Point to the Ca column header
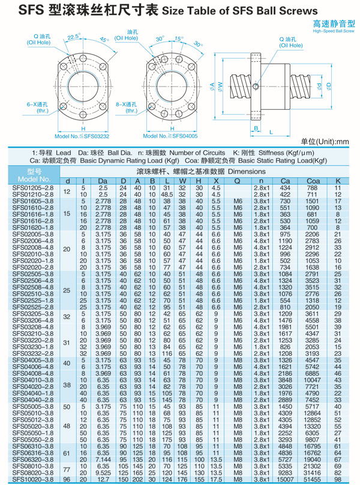click(286, 181)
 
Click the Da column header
click(103, 181)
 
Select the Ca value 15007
click(286, 480)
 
